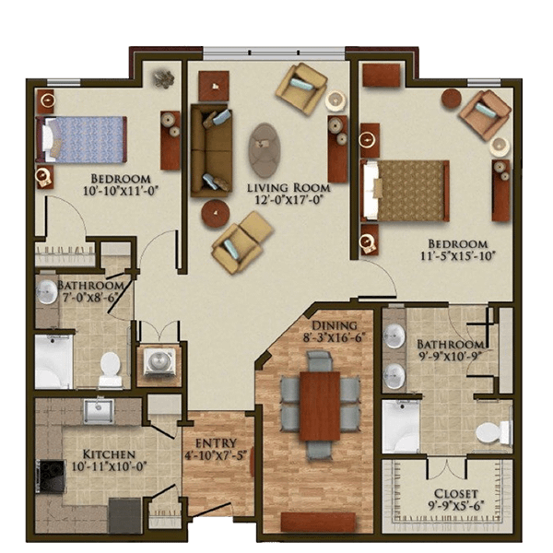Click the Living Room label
click(288, 187)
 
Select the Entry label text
click(216, 443)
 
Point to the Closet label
click(455, 493)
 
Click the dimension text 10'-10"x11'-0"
click(120, 191)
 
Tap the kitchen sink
click(99, 410)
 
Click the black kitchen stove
click(50, 477)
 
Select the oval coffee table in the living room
click(265, 150)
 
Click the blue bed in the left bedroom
click(81, 139)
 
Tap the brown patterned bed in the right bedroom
click(405, 191)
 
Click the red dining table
click(320, 406)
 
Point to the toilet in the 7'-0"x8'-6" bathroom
click(110, 369)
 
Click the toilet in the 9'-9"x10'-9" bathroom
click(493, 433)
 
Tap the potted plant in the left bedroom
click(164, 78)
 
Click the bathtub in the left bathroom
click(53, 361)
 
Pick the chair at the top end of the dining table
click(320, 360)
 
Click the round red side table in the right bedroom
click(452, 98)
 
